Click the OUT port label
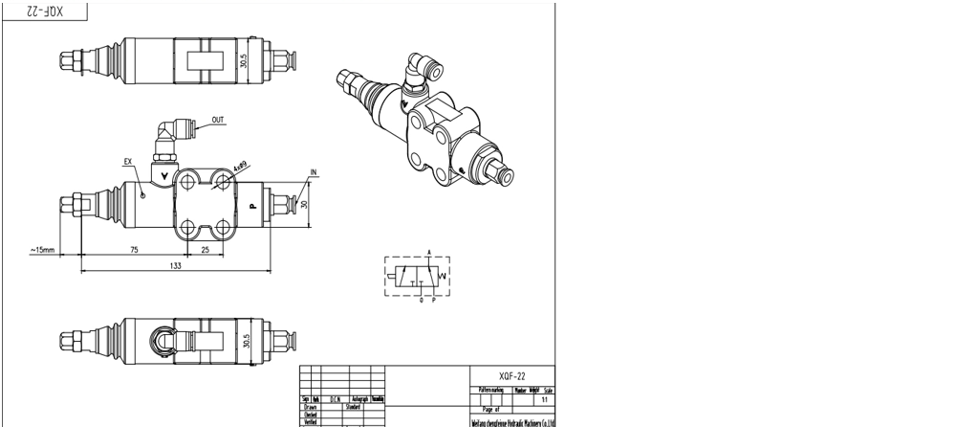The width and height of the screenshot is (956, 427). tap(218, 120)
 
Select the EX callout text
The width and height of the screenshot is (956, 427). tap(127, 161)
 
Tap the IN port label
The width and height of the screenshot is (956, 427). tap(313, 173)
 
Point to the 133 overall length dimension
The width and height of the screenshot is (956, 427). tap(175, 265)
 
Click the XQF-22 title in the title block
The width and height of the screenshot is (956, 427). tap(512, 377)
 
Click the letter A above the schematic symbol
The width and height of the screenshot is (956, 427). tap(429, 253)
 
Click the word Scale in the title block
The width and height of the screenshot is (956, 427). tap(548, 391)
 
